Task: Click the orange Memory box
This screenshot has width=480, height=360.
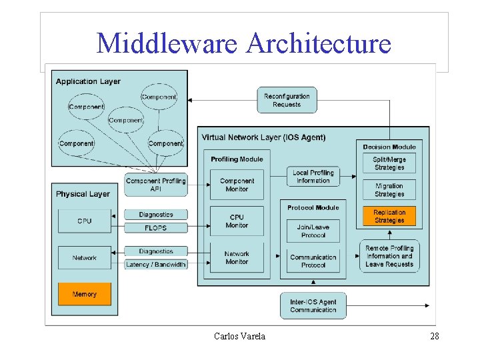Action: pyautogui.click(x=85, y=294)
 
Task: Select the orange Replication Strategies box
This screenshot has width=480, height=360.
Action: pyautogui.click(x=389, y=216)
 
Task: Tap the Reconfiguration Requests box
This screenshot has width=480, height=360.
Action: pyautogui.click(x=287, y=100)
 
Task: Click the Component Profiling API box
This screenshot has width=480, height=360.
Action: pyautogui.click(x=156, y=185)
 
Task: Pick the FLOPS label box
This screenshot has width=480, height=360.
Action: pyautogui.click(x=156, y=228)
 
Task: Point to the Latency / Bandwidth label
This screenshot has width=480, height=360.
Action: pyautogui.click(x=156, y=265)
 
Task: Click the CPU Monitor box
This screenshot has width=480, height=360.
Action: pyautogui.click(x=237, y=221)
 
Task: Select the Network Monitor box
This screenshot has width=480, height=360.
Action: pyautogui.click(x=237, y=258)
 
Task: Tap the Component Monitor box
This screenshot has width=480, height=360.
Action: pyautogui.click(x=237, y=185)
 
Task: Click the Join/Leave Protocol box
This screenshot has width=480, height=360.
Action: pyautogui.click(x=313, y=231)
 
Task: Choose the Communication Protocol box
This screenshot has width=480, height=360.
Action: pyautogui.click(x=313, y=261)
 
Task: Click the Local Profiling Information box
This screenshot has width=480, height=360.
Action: pyautogui.click(x=313, y=177)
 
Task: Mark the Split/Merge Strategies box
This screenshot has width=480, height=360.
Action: pyautogui.click(x=389, y=163)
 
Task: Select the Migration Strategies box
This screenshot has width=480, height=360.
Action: pyautogui.click(x=389, y=190)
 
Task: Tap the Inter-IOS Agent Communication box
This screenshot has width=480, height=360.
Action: pyautogui.click(x=313, y=306)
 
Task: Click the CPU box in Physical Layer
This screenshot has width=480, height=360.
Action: pyautogui.click(x=85, y=221)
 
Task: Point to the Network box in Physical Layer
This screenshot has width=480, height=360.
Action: pyautogui.click(x=85, y=258)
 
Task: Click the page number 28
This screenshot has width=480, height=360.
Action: pyautogui.click(x=435, y=336)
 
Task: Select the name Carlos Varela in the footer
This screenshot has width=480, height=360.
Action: pyautogui.click(x=240, y=336)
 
